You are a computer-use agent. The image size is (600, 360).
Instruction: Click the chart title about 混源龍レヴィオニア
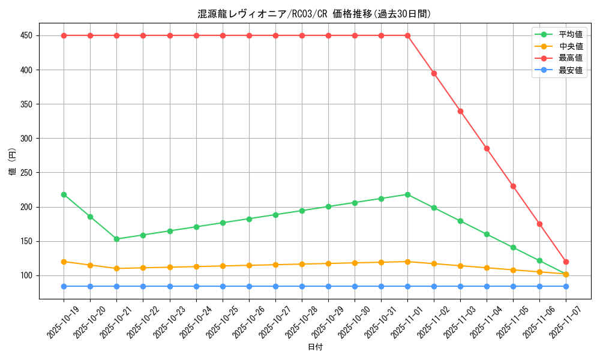314,14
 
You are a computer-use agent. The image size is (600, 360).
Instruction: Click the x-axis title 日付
315,347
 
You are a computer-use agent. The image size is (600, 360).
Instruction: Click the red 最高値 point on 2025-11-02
434,73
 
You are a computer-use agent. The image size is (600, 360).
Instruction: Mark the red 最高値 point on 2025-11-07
566,262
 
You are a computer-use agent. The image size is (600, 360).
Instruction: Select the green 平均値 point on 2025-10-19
64,194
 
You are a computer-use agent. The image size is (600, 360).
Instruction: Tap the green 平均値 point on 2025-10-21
116,239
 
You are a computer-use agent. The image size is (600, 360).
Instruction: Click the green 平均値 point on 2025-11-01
407,194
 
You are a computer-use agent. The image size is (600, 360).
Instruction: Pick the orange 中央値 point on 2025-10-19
64,262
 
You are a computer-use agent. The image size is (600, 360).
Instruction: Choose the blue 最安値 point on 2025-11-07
566,286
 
